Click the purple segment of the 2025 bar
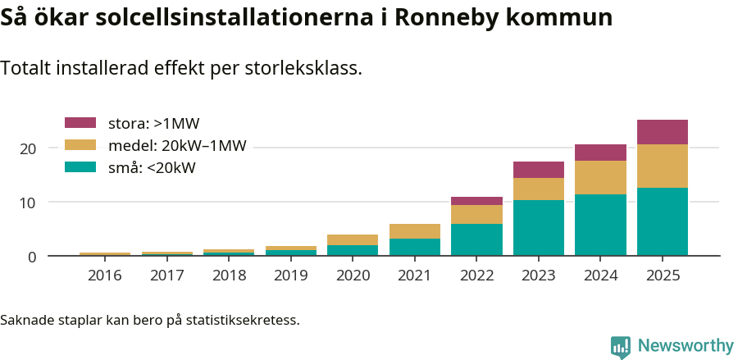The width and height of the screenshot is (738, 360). [662, 132]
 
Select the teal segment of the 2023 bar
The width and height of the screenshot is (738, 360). [538, 228]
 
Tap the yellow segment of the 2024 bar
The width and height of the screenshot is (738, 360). [600, 177]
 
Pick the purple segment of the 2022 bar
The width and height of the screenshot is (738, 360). [476, 201]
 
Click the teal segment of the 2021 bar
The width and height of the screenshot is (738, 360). [414, 247]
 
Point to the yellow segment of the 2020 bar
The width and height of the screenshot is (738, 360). [353, 239]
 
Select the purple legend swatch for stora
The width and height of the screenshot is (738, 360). [80, 123]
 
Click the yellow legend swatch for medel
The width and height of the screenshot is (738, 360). [80, 145]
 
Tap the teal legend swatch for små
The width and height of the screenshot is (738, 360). [80, 167]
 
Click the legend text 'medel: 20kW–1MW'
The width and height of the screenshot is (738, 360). [177, 146]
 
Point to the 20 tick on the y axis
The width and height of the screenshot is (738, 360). [29, 148]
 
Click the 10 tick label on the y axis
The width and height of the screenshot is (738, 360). [29, 203]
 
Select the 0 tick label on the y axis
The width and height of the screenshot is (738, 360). [32, 257]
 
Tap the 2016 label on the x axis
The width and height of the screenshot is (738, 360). [104, 276]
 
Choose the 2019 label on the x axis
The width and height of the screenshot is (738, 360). [290, 276]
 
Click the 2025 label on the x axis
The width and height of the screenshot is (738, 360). [662, 276]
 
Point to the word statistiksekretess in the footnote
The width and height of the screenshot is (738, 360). [243, 319]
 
